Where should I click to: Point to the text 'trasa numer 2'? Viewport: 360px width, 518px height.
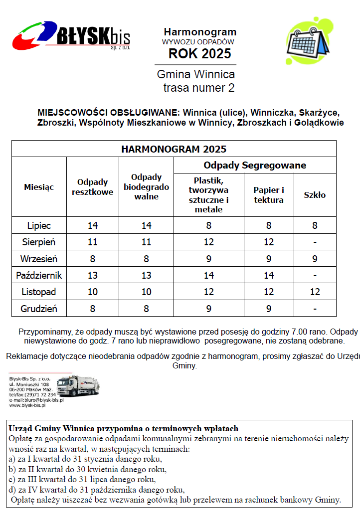tap(198, 88)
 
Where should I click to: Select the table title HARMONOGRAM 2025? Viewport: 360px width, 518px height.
tap(174, 149)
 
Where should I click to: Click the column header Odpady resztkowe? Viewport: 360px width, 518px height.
tap(92, 187)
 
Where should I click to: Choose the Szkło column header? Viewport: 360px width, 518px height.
tap(315, 195)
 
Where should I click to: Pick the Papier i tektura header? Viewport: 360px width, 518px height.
tap(269, 195)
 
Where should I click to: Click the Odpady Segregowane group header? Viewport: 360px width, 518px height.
tap(255, 165)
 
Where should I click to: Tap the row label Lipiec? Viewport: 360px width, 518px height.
tap(39, 225)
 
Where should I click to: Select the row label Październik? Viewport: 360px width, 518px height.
tap(39, 275)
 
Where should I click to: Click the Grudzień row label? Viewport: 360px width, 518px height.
tap(39, 309)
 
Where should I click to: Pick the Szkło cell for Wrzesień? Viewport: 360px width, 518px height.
tap(315, 259)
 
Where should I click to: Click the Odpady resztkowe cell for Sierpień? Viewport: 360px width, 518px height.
tap(92, 242)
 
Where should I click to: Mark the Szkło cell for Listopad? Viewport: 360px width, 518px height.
tap(315, 292)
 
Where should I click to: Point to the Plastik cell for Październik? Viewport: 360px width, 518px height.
tap(208, 275)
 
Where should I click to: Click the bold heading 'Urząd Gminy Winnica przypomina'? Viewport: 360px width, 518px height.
tap(123, 428)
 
